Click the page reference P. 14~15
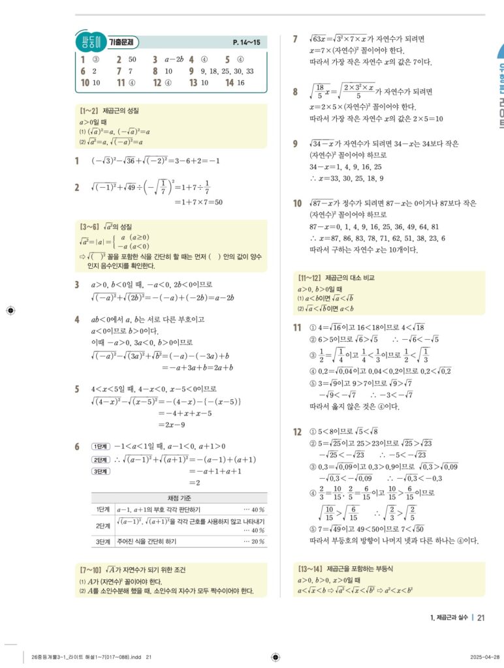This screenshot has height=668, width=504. pos(246,43)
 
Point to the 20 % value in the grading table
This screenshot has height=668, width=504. pos(253,541)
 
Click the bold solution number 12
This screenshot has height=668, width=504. pos(297,432)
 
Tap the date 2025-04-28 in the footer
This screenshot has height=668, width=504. pos(485,657)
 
